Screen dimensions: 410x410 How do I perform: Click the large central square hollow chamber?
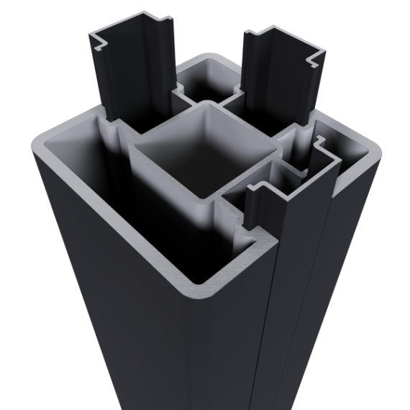pos(205,155)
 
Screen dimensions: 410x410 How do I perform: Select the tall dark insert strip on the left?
pos(133,72)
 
